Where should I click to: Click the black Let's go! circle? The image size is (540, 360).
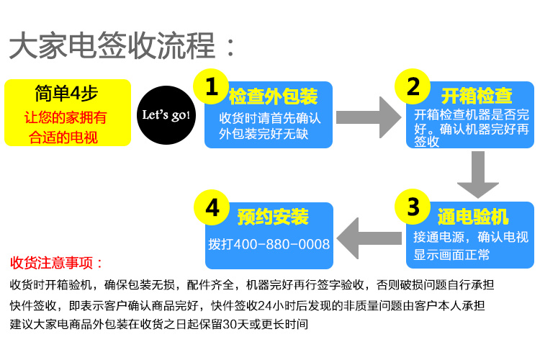(165, 114)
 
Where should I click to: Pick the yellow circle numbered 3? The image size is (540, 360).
(413, 207)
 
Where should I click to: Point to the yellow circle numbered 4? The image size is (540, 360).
(212, 207)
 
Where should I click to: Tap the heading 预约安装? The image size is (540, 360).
(273, 217)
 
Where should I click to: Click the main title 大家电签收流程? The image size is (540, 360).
(112, 47)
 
